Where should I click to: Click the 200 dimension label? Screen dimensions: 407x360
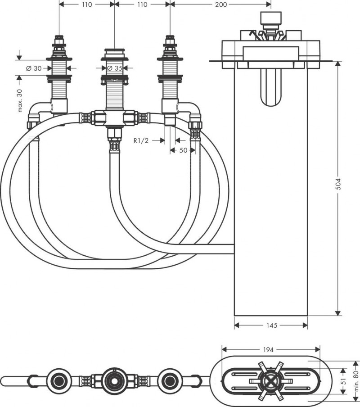click(221, 5)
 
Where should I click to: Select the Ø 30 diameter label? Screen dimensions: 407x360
click(35, 68)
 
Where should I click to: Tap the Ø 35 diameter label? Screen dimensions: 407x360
click(115, 68)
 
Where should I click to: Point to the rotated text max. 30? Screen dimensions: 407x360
click(20, 99)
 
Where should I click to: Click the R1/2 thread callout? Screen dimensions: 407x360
click(141, 140)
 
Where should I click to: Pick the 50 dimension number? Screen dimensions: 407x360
click(183, 150)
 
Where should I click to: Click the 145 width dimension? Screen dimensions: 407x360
click(271, 325)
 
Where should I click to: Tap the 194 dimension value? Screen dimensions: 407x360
click(271, 349)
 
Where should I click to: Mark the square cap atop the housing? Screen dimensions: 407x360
click(271, 19)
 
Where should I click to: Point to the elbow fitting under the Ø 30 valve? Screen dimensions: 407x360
click(40, 110)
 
